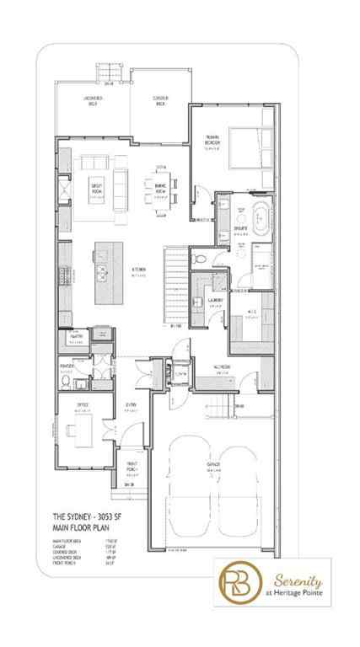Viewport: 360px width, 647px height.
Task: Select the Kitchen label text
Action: click(x=138, y=271)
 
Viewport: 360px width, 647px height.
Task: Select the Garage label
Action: click(x=213, y=465)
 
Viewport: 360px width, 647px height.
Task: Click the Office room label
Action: click(x=81, y=406)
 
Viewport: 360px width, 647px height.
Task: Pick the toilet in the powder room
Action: click(x=64, y=381)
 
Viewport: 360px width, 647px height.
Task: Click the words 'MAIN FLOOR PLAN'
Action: click(x=83, y=527)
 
